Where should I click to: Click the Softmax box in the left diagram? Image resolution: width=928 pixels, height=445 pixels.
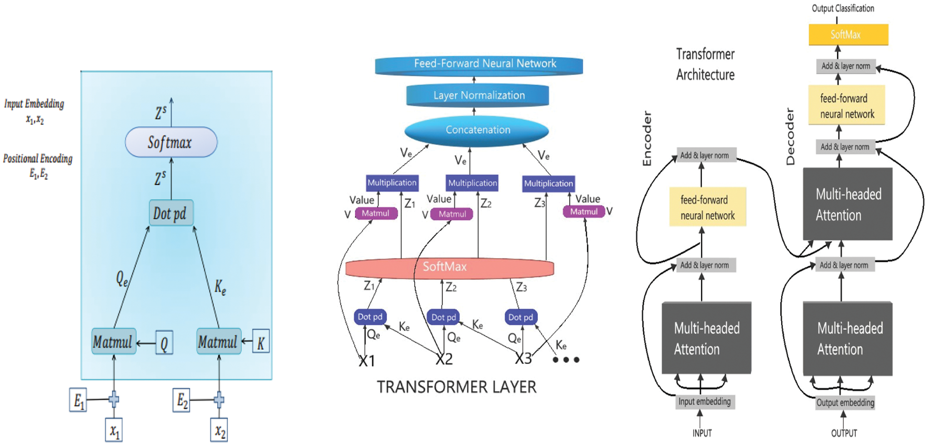[171, 142]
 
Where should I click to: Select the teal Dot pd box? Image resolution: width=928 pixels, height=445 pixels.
[171, 213]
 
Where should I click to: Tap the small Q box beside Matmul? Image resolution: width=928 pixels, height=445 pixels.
[164, 343]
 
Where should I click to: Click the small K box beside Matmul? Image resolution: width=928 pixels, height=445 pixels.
[261, 342]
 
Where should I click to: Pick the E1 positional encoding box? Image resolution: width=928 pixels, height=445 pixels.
[78, 400]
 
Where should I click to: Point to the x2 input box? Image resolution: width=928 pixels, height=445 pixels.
[219, 430]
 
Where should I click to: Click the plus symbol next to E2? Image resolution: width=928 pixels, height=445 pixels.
[219, 400]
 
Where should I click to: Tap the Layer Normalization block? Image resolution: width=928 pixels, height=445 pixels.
[477, 95]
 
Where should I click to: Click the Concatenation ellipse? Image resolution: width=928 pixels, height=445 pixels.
[476, 130]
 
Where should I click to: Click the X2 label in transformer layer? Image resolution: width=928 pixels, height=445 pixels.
[444, 359]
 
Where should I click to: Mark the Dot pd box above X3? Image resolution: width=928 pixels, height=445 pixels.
[521, 317]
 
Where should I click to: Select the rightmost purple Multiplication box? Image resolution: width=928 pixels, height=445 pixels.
[548, 183]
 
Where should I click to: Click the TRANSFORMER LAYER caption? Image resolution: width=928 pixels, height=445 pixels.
[456, 387]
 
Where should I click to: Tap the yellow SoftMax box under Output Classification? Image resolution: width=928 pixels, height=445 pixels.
[848, 34]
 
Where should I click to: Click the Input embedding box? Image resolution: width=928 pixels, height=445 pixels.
[705, 401]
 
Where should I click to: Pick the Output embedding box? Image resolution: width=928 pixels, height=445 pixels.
[845, 402]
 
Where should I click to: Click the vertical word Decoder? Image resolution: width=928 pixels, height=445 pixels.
[790, 137]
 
